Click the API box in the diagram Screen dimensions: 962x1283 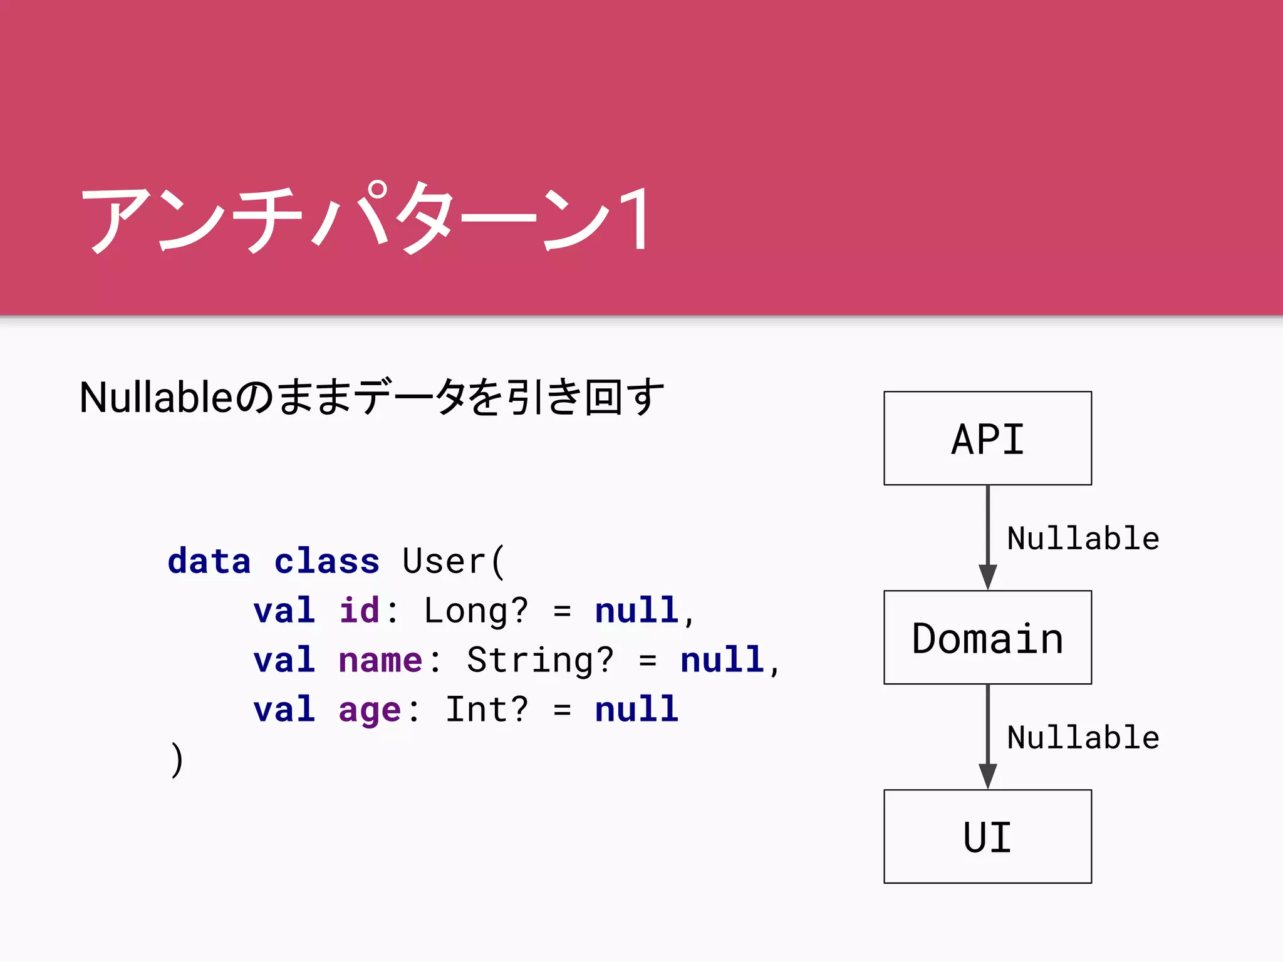point(987,438)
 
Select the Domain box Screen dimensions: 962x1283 point(987,638)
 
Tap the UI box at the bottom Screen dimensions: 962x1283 point(987,837)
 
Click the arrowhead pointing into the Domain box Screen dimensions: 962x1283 point(987,576)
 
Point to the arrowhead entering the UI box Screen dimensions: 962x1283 point(987,775)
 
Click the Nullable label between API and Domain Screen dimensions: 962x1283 point(1083,539)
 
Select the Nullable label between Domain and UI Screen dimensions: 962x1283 point(1083,738)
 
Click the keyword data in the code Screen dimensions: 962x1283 point(209,561)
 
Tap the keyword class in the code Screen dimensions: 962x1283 point(327,561)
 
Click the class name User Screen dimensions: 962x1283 point(444,561)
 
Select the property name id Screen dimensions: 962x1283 point(359,610)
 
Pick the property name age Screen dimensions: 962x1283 point(370,711)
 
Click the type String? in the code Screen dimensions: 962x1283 point(540,660)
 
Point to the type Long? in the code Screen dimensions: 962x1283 point(476,610)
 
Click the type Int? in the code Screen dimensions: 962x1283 point(487,710)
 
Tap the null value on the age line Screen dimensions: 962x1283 point(636,710)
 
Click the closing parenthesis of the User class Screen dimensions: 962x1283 point(177,759)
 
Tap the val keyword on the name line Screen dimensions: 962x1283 point(284,660)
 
